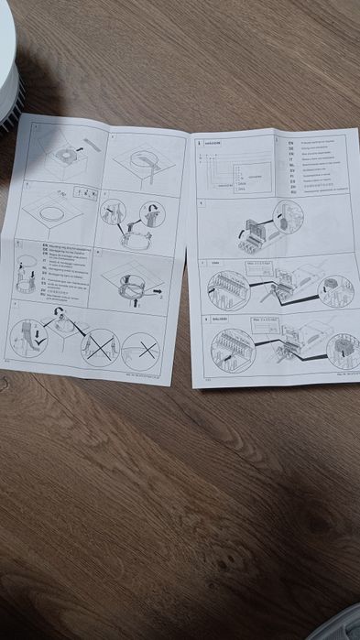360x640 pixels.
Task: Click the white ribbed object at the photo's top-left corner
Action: (8, 69)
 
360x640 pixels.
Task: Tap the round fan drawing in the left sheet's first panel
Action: (67, 155)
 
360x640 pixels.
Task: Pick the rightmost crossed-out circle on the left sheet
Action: (141, 352)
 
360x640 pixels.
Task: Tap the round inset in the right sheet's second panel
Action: (289, 218)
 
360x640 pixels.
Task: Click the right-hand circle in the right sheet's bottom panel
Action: (342, 349)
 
